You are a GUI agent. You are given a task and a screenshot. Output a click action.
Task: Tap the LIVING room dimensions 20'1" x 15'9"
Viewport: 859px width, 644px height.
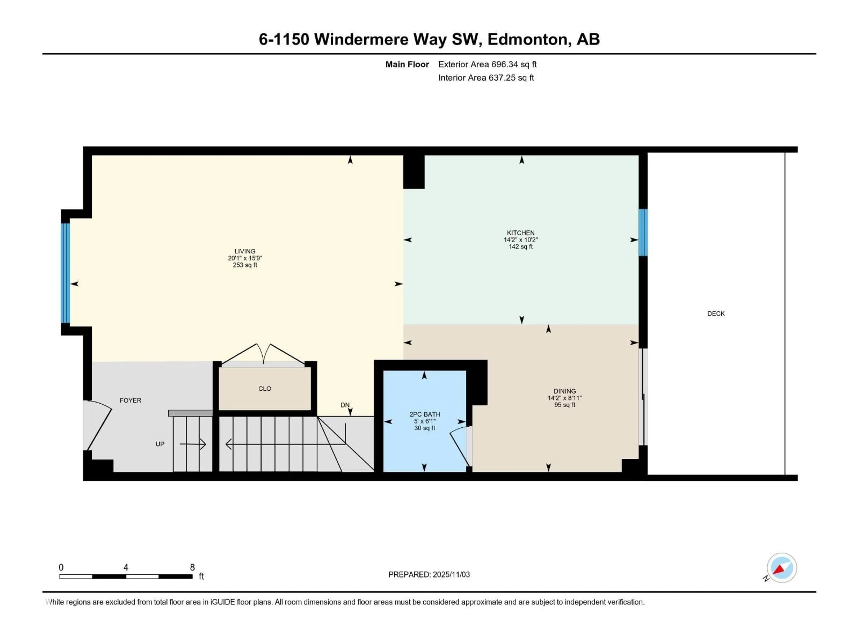pos(245,258)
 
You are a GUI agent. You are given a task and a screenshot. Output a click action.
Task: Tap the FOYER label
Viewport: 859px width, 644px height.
pos(130,400)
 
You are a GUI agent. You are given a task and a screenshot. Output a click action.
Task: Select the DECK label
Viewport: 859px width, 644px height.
pos(716,314)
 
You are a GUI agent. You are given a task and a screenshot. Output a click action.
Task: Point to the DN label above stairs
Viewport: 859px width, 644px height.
pos(345,405)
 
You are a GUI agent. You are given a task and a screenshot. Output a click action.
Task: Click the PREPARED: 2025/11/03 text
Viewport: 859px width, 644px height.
pos(429,574)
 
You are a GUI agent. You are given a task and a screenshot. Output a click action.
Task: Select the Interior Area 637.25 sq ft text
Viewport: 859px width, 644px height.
pos(486,78)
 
